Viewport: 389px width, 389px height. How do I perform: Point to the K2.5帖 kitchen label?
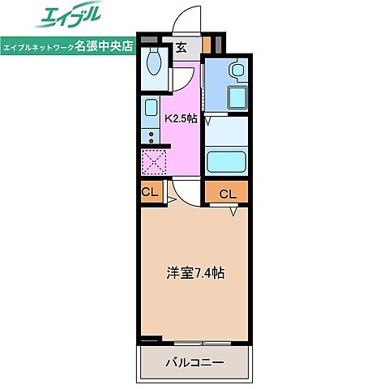(x=182, y=118)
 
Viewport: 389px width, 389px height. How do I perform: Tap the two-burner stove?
(x=151, y=135)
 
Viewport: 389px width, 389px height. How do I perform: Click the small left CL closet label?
(x=149, y=192)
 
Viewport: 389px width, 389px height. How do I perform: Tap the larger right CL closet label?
(x=228, y=194)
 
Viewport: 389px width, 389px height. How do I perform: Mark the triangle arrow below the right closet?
(x=233, y=212)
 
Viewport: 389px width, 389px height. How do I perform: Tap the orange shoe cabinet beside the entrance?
(x=207, y=45)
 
